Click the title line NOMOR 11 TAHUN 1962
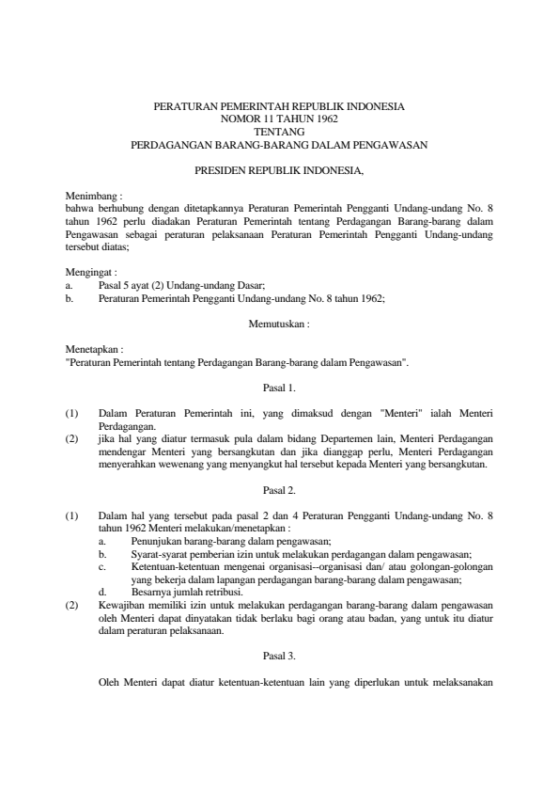click(279, 120)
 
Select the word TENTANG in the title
click(279, 133)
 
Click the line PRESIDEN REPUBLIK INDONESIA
click(279, 171)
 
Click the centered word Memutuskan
click(279, 323)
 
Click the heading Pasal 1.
click(279, 387)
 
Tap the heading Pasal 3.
click(279, 656)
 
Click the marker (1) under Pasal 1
click(71, 412)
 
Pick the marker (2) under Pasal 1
click(71, 437)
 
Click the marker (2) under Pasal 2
click(71, 604)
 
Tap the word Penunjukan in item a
click(157, 541)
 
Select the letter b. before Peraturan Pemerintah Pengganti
click(70, 297)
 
